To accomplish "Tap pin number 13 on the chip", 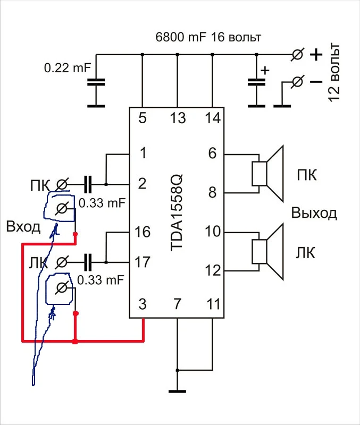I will (x=177, y=118).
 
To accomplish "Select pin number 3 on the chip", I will (x=142, y=304).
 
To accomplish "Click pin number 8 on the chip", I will (x=212, y=193).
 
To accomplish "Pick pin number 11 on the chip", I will (x=212, y=304).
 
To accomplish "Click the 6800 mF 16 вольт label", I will (x=208, y=38).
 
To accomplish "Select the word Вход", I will (x=23, y=227).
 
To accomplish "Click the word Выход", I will (x=314, y=214).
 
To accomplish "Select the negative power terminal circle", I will (x=299, y=81).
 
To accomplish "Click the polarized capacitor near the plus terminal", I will (x=256, y=82).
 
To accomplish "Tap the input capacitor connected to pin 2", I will (x=88, y=184).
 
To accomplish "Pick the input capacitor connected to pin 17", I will (x=88, y=262).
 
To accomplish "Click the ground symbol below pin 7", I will (x=177, y=392).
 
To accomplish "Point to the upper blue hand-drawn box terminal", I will (x=61, y=208).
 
